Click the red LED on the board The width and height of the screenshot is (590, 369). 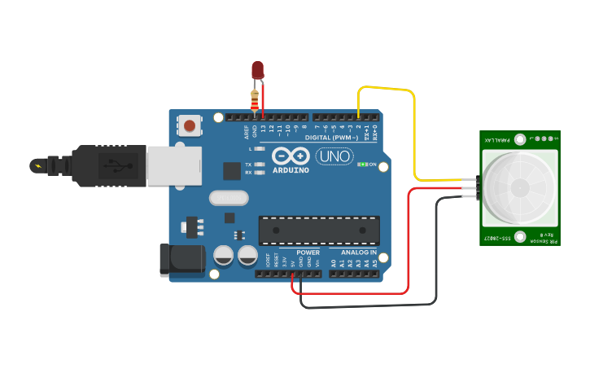[258, 70]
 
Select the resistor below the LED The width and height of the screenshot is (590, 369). [256, 100]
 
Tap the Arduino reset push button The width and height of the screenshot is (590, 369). [190, 125]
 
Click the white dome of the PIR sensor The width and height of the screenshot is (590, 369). [519, 187]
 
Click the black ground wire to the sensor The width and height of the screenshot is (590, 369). [366, 306]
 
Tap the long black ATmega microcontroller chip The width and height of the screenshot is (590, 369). [318, 231]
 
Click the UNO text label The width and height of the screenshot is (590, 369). [333, 156]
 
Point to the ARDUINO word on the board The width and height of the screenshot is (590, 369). [291, 170]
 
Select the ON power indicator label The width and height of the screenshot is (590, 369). [373, 165]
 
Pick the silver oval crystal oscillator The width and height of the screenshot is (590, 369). [227, 198]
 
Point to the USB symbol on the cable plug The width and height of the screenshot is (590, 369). [119, 165]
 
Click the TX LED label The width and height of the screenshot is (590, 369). [248, 165]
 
